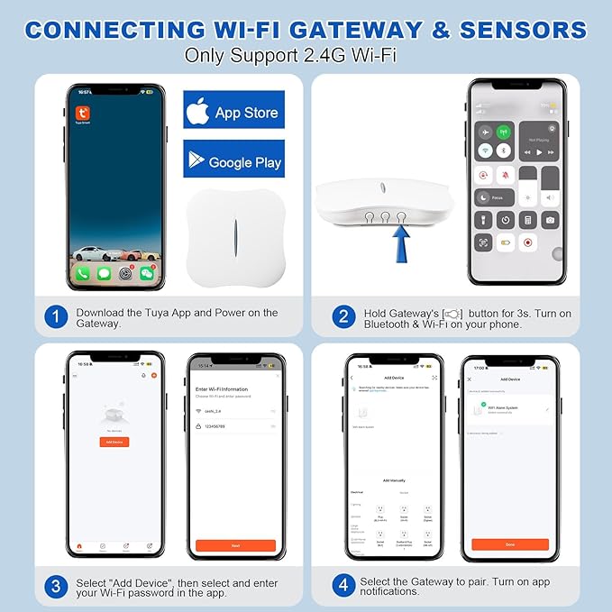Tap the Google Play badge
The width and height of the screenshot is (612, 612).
point(233,160)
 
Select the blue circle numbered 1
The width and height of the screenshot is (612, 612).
point(56,317)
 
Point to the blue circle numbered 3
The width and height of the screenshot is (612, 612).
point(56,586)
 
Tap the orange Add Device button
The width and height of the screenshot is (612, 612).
point(114,442)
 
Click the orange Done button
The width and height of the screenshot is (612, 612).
point(509,544)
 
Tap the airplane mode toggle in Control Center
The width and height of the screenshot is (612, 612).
point(485,132)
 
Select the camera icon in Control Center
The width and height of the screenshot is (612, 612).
point(549,219)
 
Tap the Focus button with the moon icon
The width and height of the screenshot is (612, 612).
point(495,196)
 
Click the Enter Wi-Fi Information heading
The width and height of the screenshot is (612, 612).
point(221,388)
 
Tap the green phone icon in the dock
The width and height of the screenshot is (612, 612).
point(83,272)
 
